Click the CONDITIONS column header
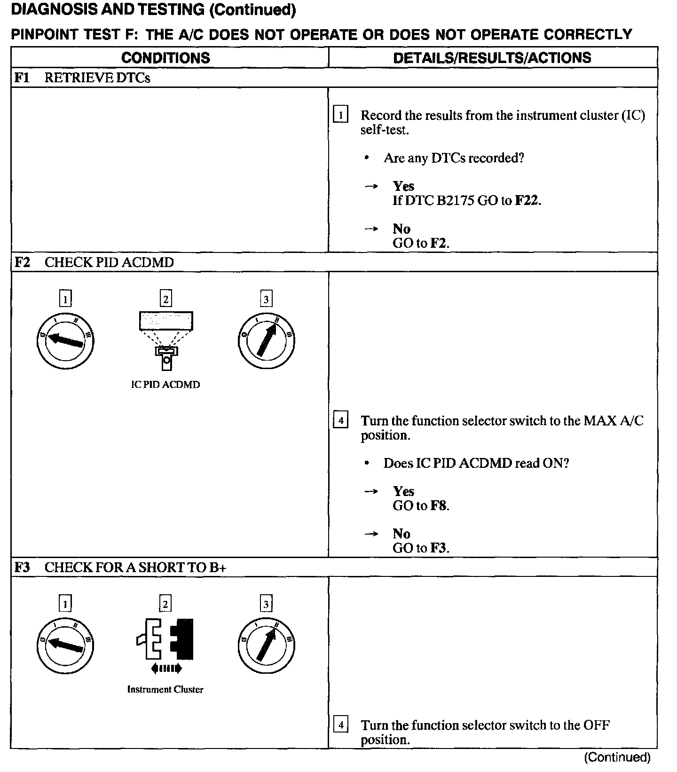(x=165, y=58)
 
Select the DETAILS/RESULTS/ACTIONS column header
(x=492, y=58)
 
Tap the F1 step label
(x=22, y=78)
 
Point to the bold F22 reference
(x=527, y=201)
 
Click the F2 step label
(x=22, y=262)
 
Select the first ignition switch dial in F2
(x=65, y=340)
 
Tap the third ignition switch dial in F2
(x=266, y=340)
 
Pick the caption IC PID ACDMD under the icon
(x=165, y=385)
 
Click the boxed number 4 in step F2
(x=340, y=419)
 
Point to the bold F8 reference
(x=439, y=506)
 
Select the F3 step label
(x=22, y=567)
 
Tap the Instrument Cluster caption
(x=165, y=690)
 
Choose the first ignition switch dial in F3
(x=65, y=645)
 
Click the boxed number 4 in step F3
(x=340, y=724)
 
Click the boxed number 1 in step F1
(x=340, y=115)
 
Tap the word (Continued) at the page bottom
(x=617, y=757)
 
